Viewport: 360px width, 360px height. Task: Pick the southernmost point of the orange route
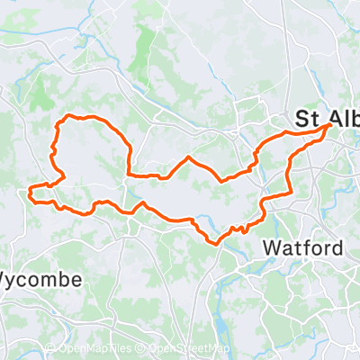[x=214, y=241]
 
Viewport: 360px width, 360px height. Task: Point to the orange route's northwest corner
[x=59, y=121]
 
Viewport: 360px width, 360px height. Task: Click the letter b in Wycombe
[x=63, y=279]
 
